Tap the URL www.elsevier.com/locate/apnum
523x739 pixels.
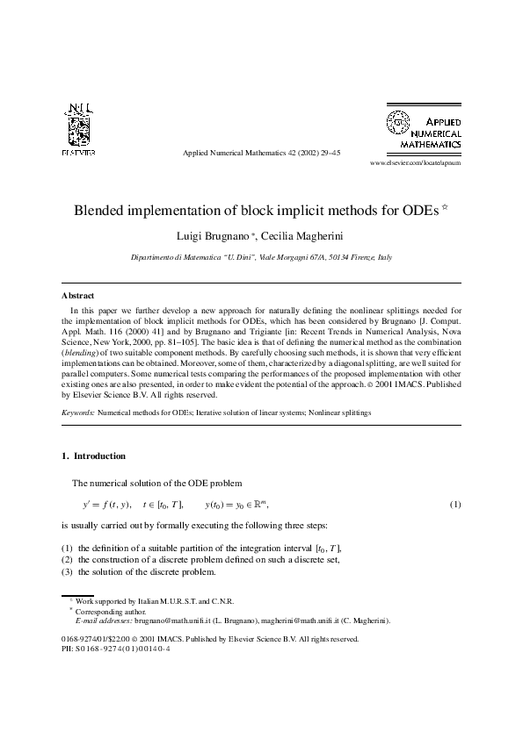pyautogui.click(x=415, y=163)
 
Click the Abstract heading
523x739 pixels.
pyautogui.click(x=77, y=296)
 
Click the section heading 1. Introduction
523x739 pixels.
pyautogui.click(x=93, y=456)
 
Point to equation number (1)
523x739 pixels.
pyautogui.click(x=455, y=505)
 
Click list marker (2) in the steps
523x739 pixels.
pyautogui.click(x=67, y=559)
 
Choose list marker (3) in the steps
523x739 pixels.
pyautogui.click(x=67, y=571)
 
